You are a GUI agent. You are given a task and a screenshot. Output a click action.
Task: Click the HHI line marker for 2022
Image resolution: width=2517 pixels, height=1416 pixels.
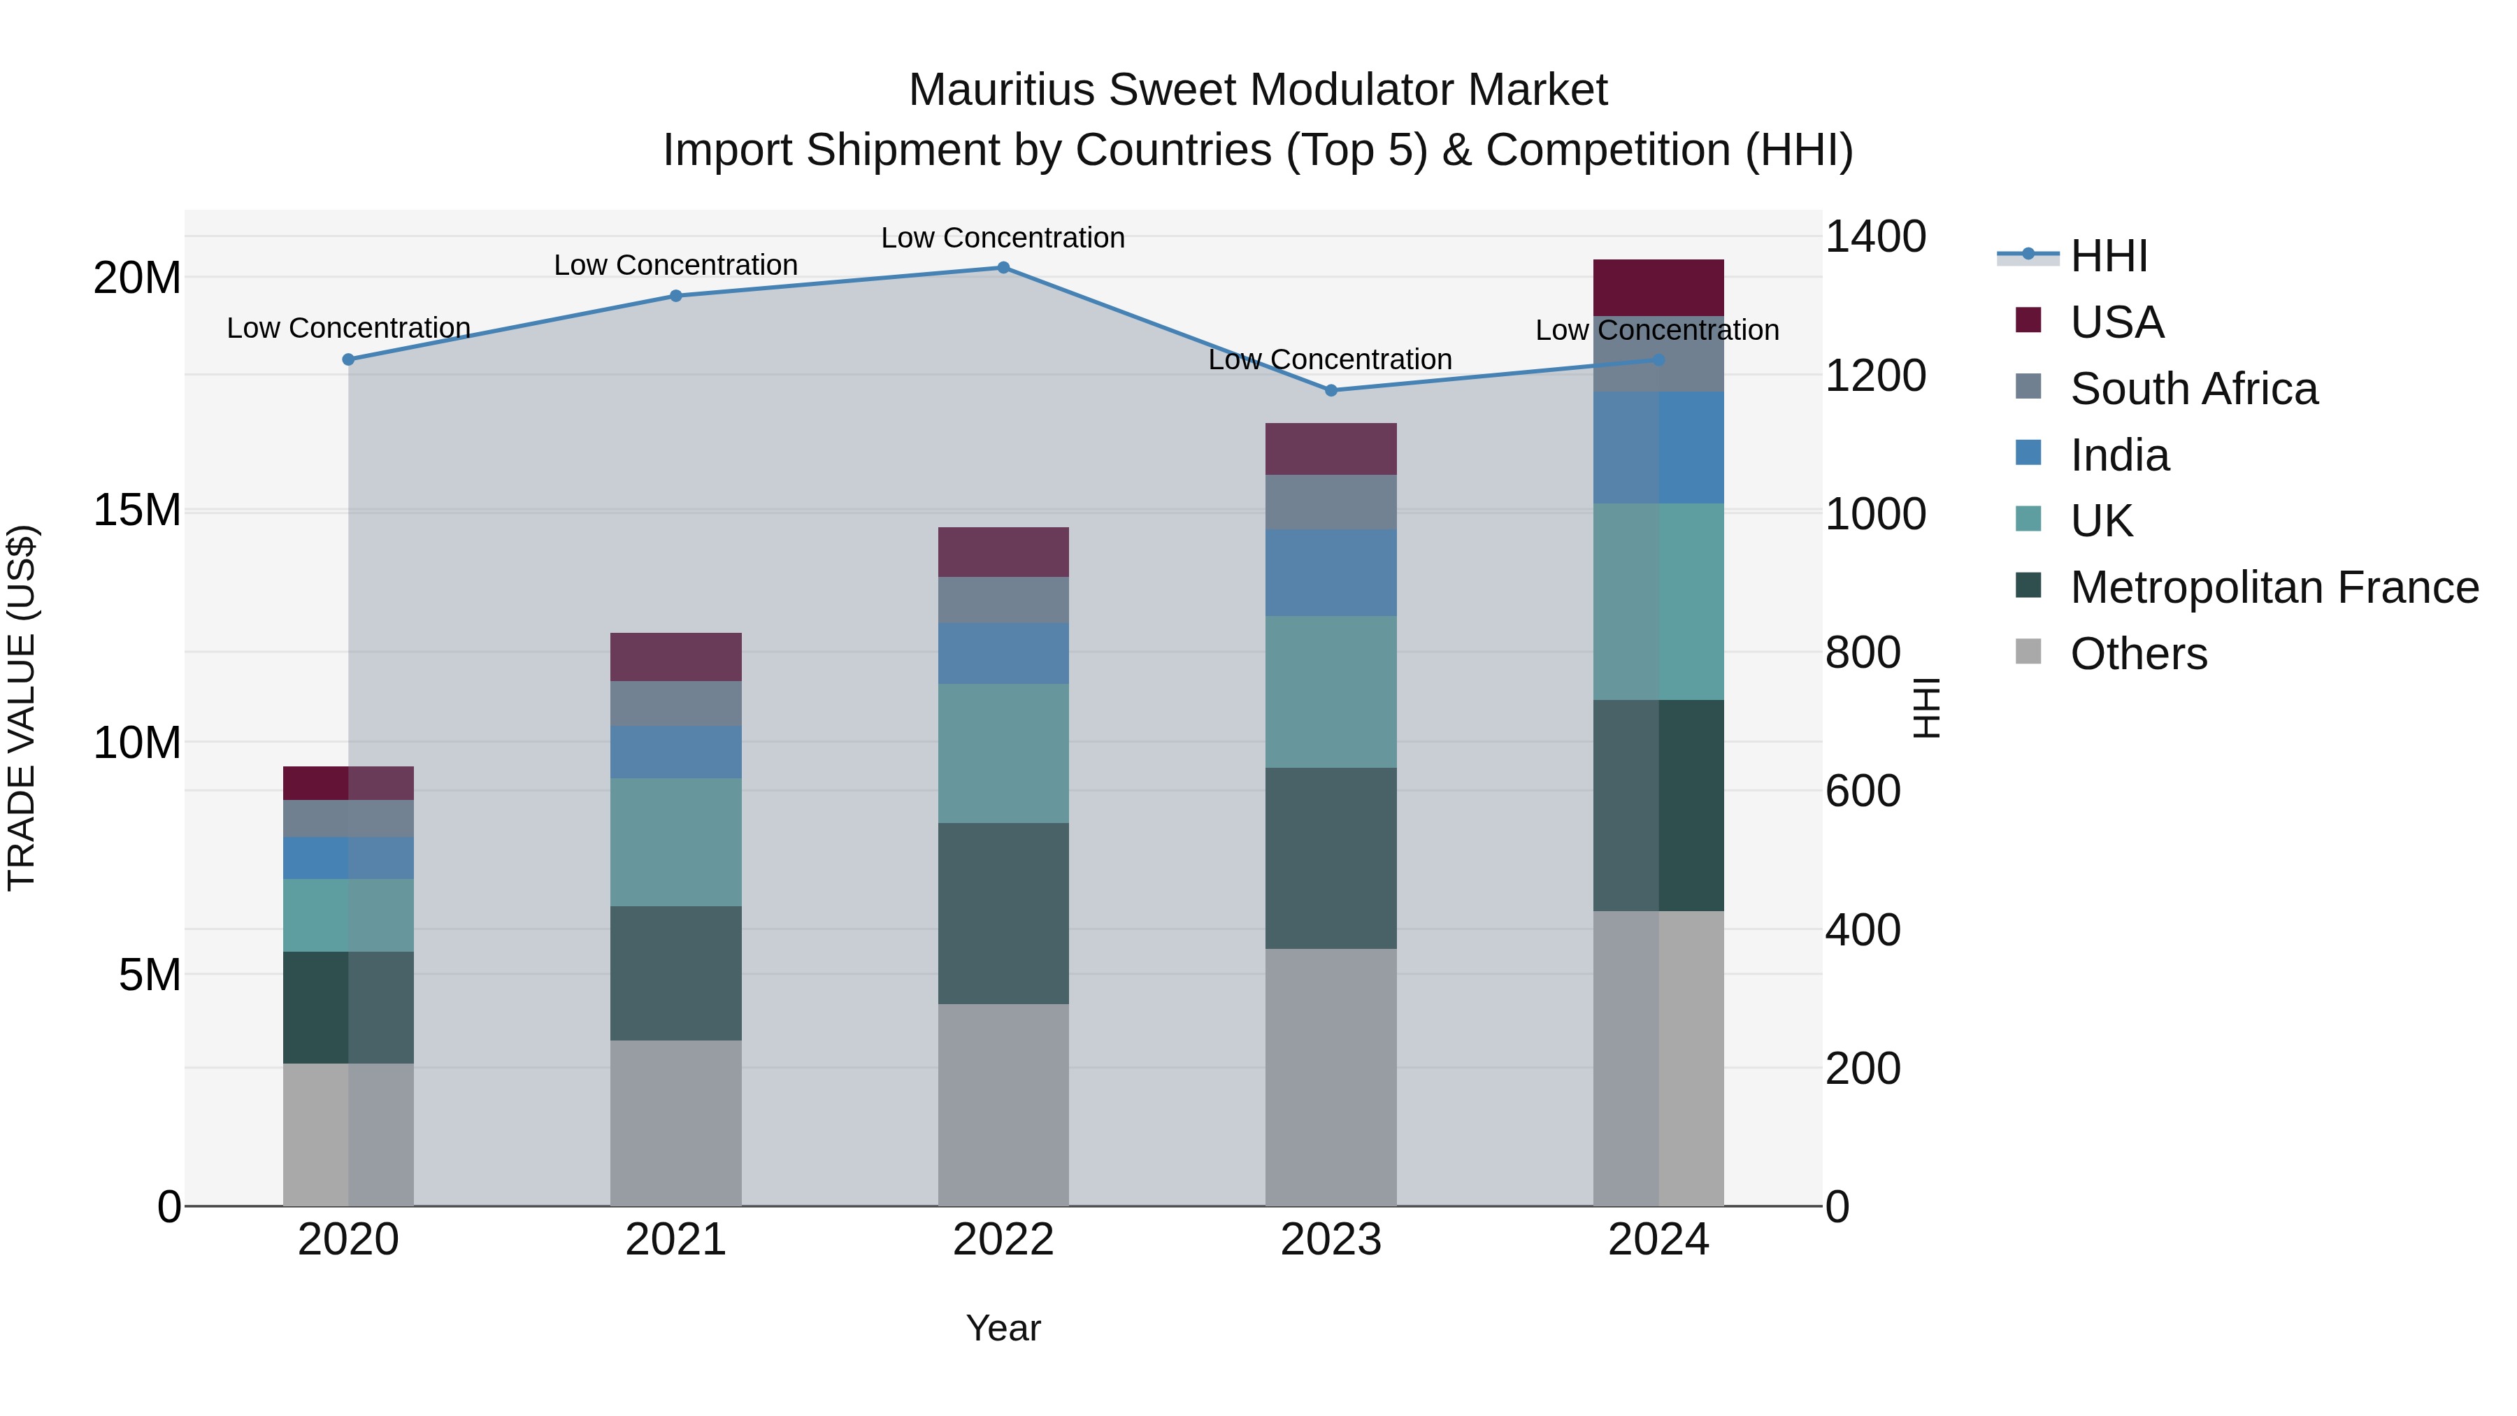click(x=1003, y=267)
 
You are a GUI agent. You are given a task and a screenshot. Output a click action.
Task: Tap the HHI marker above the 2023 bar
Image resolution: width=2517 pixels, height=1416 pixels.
click(x=1331, y=390)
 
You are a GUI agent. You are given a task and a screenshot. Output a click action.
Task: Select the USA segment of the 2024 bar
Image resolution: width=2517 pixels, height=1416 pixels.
click(x=1658, y=287)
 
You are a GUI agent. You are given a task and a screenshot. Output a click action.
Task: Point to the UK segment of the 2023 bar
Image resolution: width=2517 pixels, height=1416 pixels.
click(x=1331, y=691)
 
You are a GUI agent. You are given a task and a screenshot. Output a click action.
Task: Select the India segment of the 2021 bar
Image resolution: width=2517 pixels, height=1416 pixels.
click(x=675, y=752)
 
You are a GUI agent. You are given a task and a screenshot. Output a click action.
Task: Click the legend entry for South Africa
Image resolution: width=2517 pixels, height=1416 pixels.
click(x=2193, y=389)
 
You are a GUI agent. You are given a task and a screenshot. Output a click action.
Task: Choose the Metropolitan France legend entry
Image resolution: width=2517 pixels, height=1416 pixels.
click(x=2274, y=587)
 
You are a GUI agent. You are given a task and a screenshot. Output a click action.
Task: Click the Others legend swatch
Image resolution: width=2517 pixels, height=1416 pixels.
click(x=2028, y=652)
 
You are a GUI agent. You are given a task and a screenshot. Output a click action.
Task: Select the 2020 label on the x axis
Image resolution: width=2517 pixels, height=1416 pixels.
click(x=348, y=1240)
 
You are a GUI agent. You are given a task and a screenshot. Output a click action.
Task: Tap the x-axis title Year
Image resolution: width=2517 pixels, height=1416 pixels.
click(x=1003, y=1328)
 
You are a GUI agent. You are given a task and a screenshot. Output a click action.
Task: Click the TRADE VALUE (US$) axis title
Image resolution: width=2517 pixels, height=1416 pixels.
click(x=22, y=708)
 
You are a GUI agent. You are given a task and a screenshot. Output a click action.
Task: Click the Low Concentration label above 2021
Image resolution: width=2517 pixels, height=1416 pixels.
click(x=675, y=265)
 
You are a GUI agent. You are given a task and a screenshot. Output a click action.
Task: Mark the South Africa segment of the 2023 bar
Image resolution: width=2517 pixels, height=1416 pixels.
click(x=1331, y=502)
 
